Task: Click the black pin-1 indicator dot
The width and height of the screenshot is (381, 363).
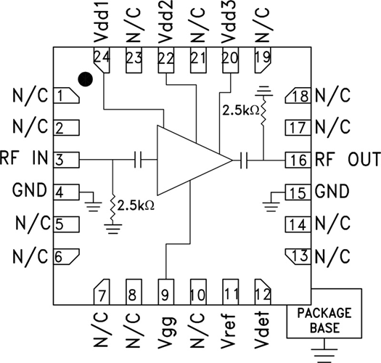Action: point(86,78)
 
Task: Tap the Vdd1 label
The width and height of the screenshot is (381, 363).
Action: point(101,25)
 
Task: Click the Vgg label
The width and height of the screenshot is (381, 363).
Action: point(166,330)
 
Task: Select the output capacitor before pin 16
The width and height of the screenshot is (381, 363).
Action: point(247,159)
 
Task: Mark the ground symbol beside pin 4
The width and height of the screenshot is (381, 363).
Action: point(91,200)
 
